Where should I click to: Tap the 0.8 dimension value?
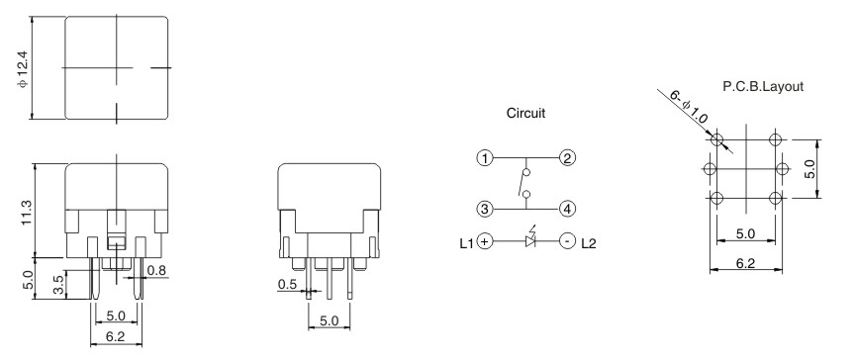(x=155, y=271)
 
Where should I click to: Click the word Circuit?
(x=525, y=114)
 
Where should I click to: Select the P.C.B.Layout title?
(x=763, y=87)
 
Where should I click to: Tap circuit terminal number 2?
(x=567, y=157)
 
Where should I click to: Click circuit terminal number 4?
(x=567, y=209)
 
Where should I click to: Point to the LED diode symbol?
(x=526, y=240)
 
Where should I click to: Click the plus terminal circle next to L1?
(x=485, y=240)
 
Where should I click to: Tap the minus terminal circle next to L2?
(x=567, y=240)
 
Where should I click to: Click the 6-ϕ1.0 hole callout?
(x=689, y=108)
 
